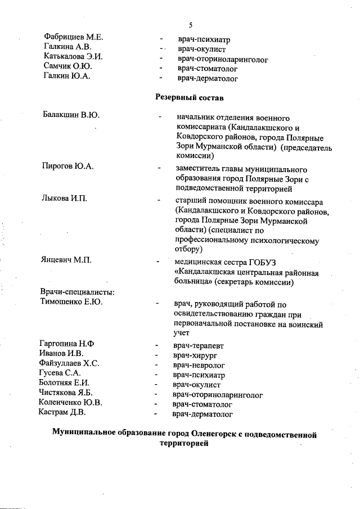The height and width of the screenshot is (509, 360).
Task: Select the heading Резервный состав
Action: click(189, 97)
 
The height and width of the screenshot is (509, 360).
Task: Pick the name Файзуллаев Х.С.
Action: click(69, 363)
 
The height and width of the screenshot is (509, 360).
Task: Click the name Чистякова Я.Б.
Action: click(66, 393)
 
